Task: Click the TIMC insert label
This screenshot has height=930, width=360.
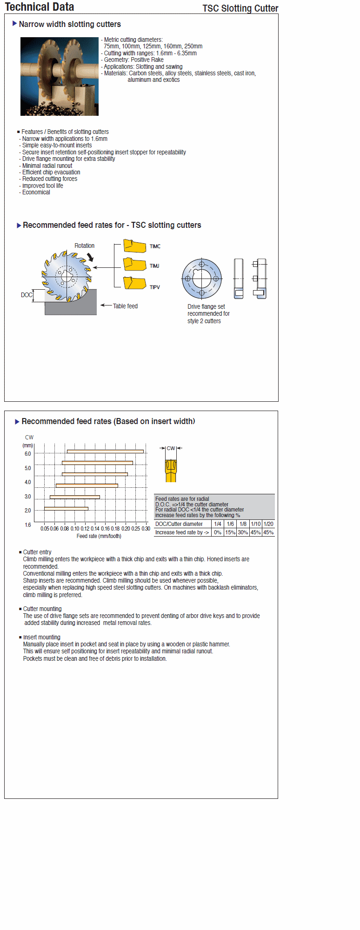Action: click(x=155, y=246)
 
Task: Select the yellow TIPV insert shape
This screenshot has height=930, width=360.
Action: click(x=134, y=283)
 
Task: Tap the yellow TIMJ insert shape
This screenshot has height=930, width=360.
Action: click(x=134, y=264)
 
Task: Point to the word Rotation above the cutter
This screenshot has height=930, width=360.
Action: click(x=84, y=246)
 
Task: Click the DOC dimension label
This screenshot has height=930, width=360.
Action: click(x=27, y=295)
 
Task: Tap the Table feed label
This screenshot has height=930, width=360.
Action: click(x=125, y=306)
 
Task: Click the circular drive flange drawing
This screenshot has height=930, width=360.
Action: click(x=201, y=279)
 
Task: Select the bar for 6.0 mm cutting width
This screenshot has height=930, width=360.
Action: click(x=105, y=451)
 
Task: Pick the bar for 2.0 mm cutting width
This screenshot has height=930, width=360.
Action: click(x=66, y=508)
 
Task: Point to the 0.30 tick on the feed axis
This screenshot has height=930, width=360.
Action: click(x=146, y=529)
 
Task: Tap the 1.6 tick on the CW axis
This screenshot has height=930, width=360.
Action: click(x=28, y=525)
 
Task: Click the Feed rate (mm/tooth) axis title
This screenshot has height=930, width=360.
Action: click(x=99, y=536)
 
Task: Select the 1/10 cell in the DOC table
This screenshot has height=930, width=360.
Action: click(x=256, y=524)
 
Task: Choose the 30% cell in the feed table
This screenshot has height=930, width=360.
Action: click(x=243, y=532)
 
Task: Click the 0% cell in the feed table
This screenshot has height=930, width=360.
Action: click(x=217, y=532)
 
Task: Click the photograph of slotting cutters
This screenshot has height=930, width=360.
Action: click(x=60, y=77)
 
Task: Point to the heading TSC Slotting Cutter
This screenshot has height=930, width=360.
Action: click(x=240, y=8)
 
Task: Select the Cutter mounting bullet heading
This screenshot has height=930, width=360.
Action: click(x=42, y=609)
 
